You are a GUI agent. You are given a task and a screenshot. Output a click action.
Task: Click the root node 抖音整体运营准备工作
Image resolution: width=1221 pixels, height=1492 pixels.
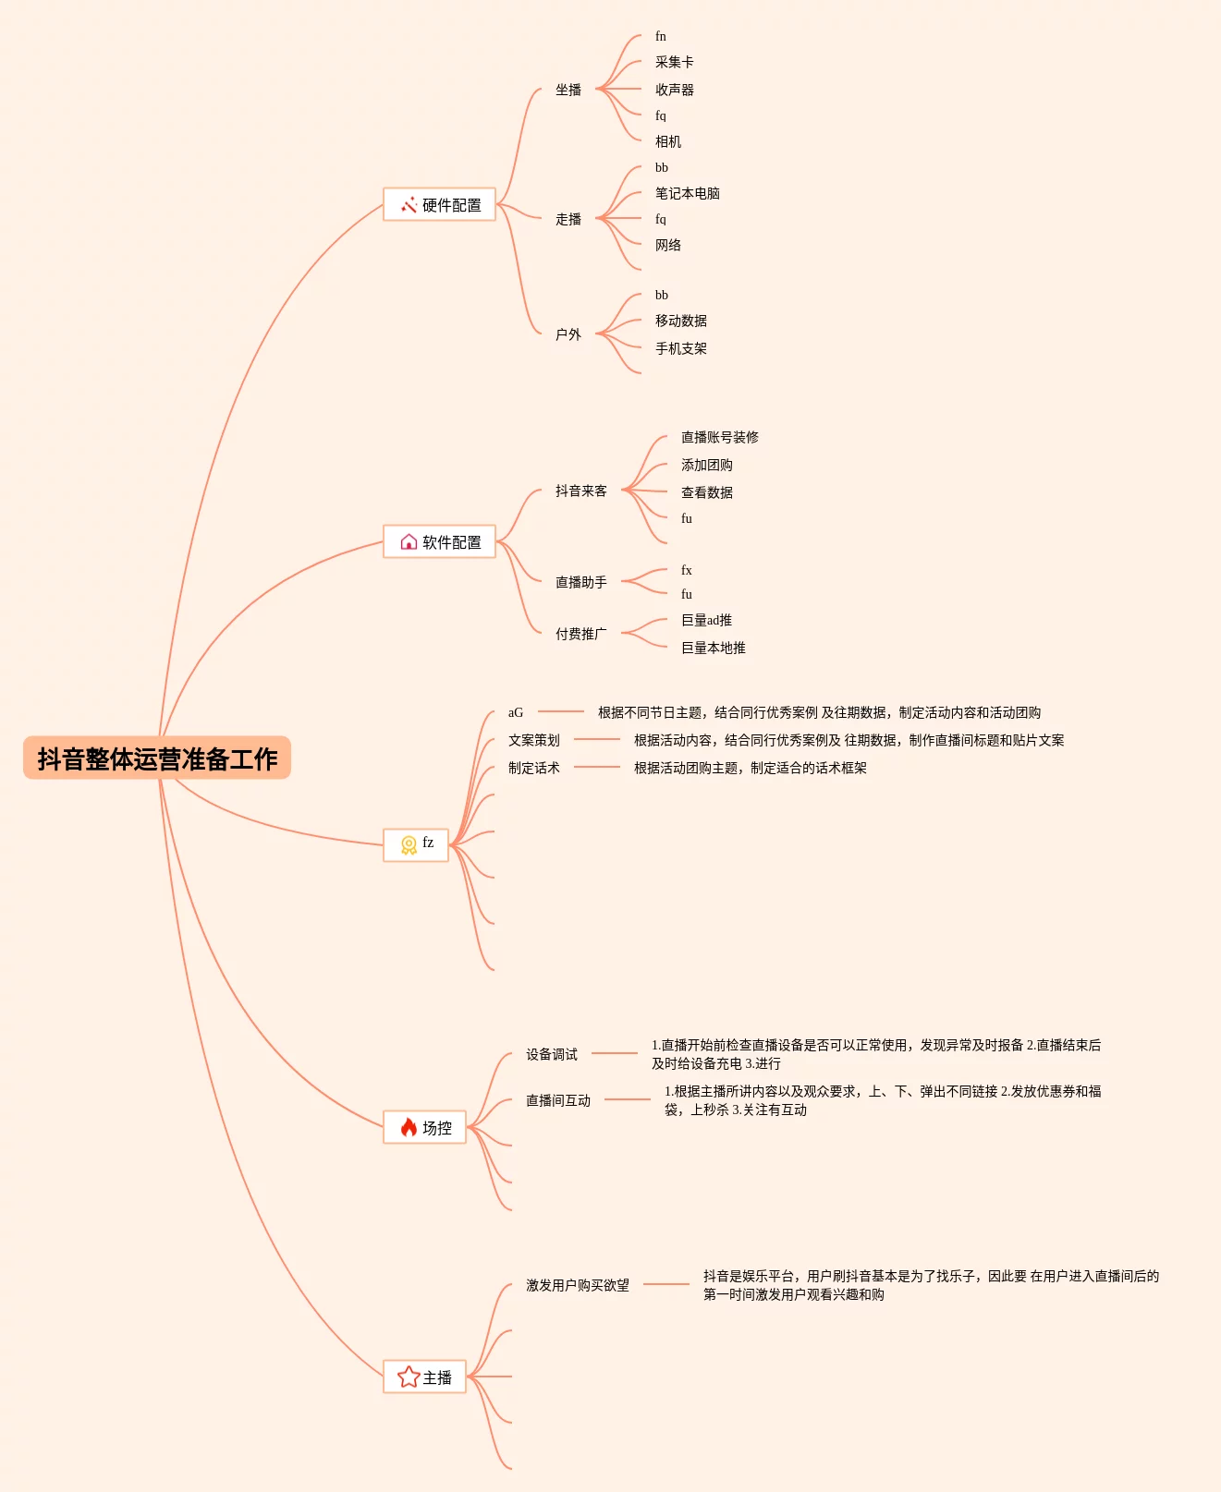coord(157,758)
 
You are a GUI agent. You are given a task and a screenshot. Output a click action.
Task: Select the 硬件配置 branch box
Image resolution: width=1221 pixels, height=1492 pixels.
coord(440,205)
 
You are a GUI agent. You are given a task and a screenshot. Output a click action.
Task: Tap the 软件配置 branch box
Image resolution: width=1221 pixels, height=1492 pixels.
coord(440,542)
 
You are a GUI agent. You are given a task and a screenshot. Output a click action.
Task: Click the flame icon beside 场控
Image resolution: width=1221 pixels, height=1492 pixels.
coord(409,1127)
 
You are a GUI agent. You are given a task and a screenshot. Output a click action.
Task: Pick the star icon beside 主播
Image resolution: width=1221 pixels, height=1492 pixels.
coord(408,1377)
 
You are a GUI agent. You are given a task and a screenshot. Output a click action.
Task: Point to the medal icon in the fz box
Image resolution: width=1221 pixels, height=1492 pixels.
coord(409,844)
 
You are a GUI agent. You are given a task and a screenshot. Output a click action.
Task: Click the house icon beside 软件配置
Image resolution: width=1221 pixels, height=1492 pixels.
coord(409,541)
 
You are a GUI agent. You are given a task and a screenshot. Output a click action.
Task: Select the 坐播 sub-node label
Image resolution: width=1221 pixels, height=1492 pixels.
coord(568,90)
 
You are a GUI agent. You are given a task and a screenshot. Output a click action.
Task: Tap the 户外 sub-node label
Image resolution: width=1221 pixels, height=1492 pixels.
coord(568,334)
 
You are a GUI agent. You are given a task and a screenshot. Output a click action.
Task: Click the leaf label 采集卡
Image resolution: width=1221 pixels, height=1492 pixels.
coord(674,62)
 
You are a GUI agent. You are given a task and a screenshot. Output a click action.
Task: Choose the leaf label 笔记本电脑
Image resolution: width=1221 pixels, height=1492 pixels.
coord(687,193)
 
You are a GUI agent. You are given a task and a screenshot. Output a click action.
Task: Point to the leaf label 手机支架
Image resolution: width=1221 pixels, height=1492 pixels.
coord(680,348)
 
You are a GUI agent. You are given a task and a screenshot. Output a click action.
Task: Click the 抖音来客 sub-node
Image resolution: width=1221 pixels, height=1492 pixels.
coord(581,491)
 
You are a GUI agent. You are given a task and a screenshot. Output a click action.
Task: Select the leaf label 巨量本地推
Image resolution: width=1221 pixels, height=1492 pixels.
coord(713,648)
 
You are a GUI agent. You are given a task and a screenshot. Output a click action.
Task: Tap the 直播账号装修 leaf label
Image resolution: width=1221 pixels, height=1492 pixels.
coord(719,437)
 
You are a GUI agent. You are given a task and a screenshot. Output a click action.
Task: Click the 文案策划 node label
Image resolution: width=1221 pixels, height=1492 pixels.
coord(534,740)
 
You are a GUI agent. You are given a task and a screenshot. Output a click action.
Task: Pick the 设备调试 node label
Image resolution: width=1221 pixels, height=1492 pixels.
coord(552,1054)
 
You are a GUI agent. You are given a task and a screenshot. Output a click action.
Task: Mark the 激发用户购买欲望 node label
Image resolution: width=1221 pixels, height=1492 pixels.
coord(578,1285)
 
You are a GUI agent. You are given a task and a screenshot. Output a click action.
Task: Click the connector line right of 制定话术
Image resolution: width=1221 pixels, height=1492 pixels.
coord(597,767)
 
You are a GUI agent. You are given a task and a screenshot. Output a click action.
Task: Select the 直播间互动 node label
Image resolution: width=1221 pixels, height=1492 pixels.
coord(558,1100)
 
